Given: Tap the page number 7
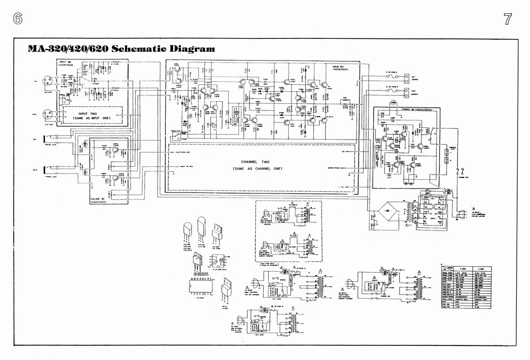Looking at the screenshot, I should click(507, 19).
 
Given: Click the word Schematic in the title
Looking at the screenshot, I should click(140, 48).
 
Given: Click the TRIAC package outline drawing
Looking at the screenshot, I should click(228, 287).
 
